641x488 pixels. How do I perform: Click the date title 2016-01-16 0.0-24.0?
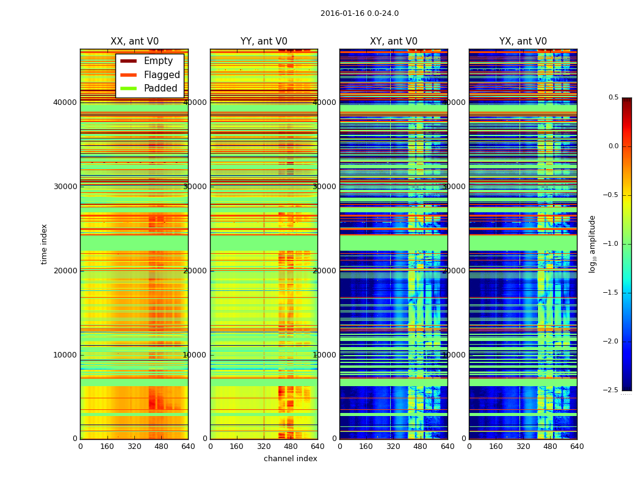pyautogui.click(x=360, y=13)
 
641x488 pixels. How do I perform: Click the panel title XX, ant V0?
pyautogui.click(x=134, y=41)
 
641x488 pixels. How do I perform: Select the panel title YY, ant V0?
pyautogui.click(x=264, y=41)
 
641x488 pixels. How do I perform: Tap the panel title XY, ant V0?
pyautogui.click(x=394, y=41)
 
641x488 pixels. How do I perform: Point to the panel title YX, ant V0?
pyautogui.click(x=523, y=41)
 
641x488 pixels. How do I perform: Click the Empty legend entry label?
pyautogui.click(x=158, y=61)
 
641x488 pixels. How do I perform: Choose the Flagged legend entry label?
pyautogui.click(x=162, y=75)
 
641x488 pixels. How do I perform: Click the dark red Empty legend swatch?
pyautogui.click(x=128, y=61)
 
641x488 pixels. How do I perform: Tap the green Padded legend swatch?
pyautogui.click(x=128, y=88)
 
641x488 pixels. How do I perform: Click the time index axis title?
pyautogui.click(x=44, y=243)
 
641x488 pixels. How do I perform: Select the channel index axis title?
pyautogui.click(x=291, y=459)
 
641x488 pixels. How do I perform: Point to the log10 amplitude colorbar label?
pyautogui.click(x=592, y=243)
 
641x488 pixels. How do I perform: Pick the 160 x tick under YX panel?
pyautogui.click(x=496, y=447)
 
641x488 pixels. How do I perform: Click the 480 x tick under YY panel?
pyautogui.click(x=291, y=447)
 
